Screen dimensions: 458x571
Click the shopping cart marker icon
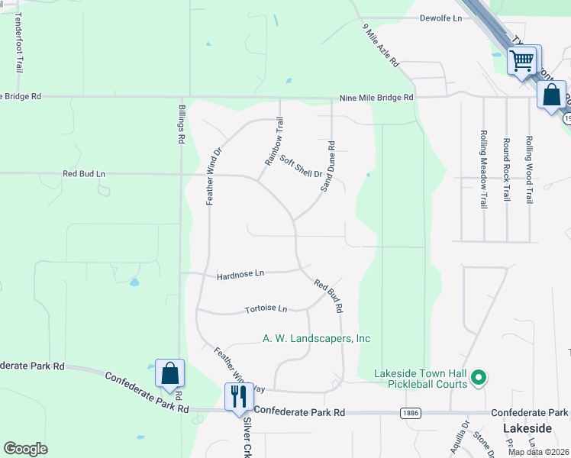(x=523, y=60)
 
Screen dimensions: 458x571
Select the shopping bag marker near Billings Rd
(x=169, y=373)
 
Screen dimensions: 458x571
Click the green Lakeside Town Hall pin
(x=479, y=378)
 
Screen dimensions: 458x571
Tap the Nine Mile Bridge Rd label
(x=376, y=98)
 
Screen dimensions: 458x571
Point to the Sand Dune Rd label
(x=329, y=166)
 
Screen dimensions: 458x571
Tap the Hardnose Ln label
(x=240, y=273)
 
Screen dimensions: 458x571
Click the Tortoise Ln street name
(x=266, y=309)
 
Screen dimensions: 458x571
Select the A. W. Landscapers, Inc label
(x=316, y=338)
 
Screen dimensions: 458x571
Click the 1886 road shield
(x=408, y=412)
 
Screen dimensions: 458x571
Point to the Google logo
(x=24, y=449)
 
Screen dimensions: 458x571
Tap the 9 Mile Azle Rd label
(x=380, y=47)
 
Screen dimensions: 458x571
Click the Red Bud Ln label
(x=84, y=174)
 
